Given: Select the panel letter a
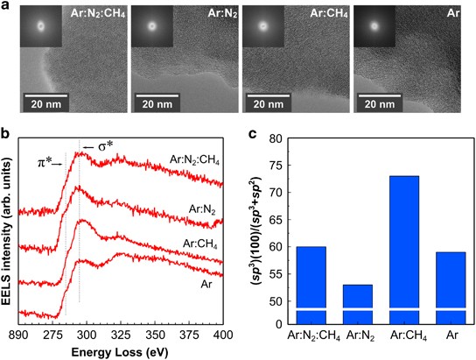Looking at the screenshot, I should click(7, 8).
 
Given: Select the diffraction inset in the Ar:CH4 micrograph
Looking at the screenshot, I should click(261, 25).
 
